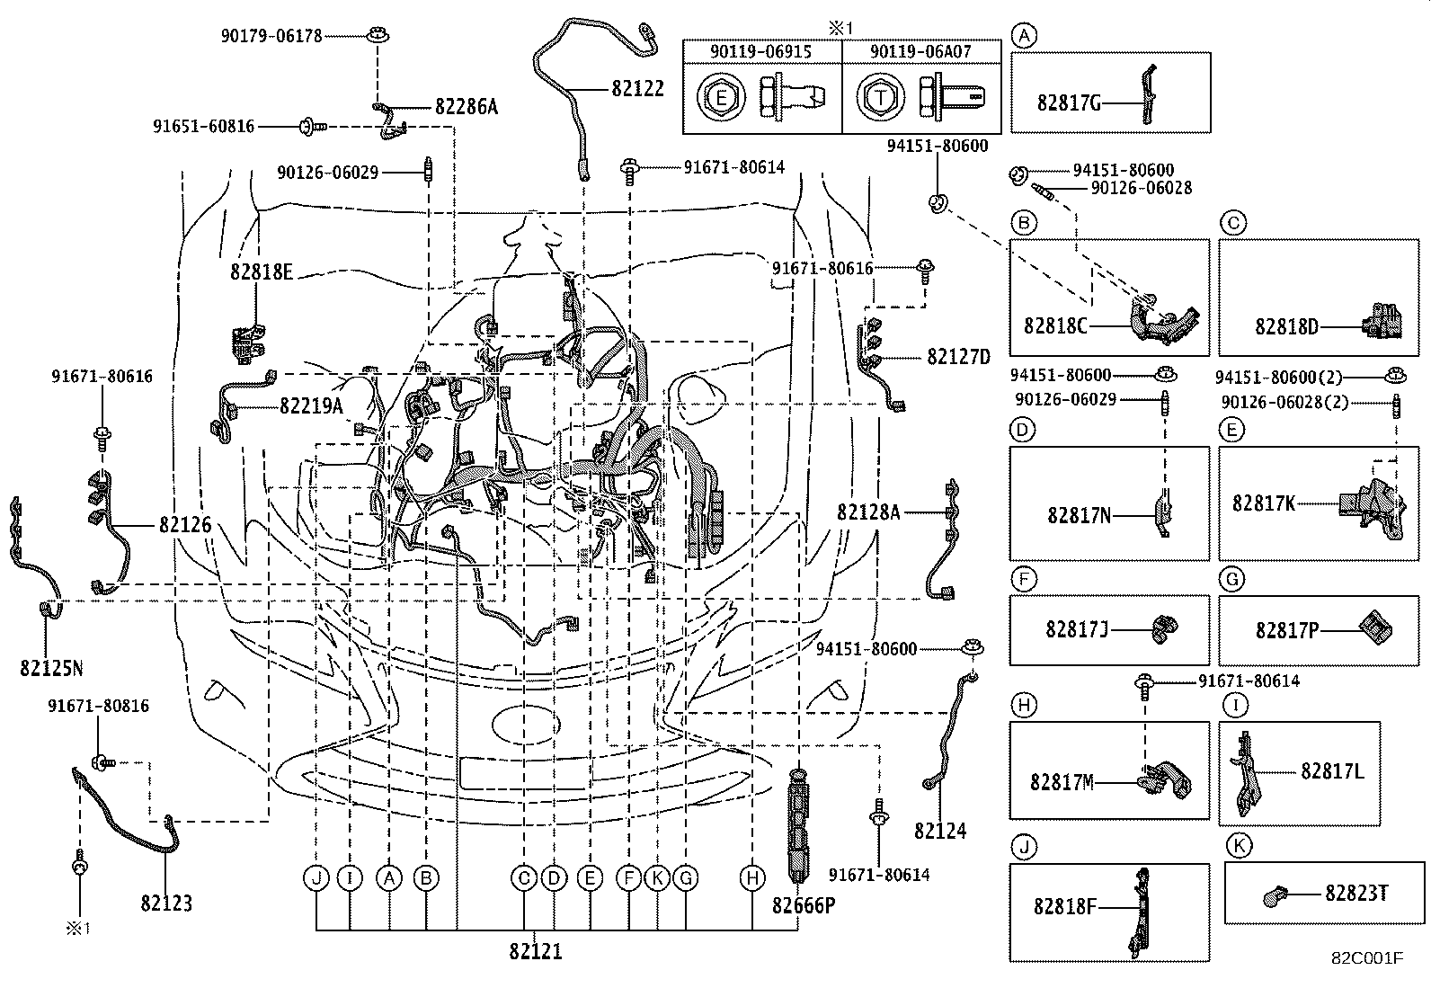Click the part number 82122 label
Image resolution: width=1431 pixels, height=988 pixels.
[637, 88]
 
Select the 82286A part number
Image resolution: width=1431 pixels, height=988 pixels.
[466, 107]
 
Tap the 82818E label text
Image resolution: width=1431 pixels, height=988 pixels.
[261, 271]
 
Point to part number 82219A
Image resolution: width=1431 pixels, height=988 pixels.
[311, 406]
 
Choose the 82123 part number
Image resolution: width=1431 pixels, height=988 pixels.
[166, 903]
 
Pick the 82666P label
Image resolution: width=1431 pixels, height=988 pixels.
[804, 905]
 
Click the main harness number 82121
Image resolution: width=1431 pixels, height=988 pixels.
[536, 951]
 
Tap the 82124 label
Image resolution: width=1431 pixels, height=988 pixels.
[940, 832]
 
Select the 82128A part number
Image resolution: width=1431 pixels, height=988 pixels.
[867, 512]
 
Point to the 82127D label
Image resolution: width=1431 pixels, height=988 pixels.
[958, 358]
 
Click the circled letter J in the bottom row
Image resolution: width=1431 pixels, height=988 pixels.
[316, 877]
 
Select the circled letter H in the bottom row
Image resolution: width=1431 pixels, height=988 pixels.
[752, 877]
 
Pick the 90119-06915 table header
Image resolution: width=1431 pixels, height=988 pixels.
[760, 52]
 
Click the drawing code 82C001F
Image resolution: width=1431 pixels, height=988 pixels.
[1367, 958]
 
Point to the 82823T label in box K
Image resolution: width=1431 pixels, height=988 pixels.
[1356, 893]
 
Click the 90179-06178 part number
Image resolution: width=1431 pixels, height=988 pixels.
[271, 36]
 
